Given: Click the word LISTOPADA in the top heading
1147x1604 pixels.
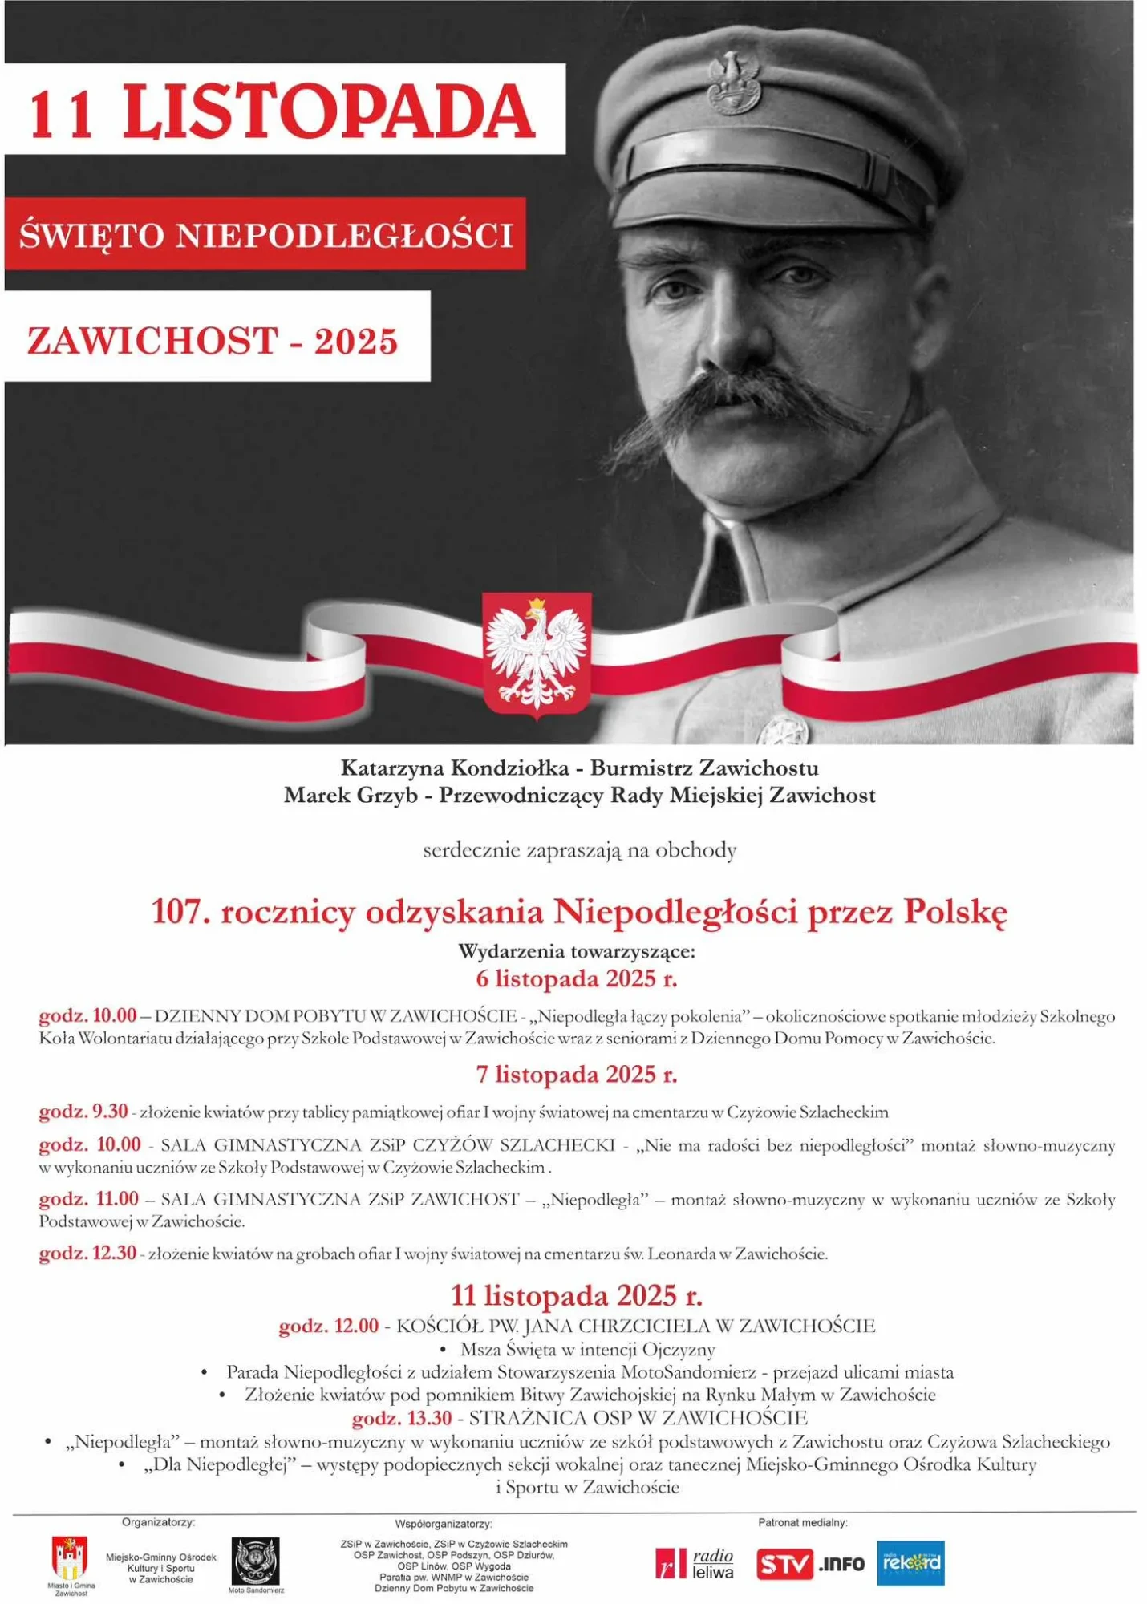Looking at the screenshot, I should pyautogui.click(x=329, y=111).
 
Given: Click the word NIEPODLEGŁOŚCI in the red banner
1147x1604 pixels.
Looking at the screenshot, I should pyautogui.click(x=344, y=235).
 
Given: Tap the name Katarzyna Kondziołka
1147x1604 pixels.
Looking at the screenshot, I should pyautogui.click(x=455, y=768).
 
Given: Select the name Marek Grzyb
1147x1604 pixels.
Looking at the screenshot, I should pyautogui.click(x=351, y=796).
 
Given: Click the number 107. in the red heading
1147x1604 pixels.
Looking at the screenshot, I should pyautogui.click(x=180, y=912).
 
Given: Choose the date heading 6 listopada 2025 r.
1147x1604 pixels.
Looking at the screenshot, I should pyautogui.click(x=577, y=978).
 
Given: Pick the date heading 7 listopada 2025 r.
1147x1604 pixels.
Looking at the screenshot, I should pyautogui.click(x=577, y=1074).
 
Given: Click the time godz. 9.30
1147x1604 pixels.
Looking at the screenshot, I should pyautogui.click(x=83, y=1112).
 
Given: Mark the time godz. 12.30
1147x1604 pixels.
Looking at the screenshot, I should pyautogui.click(x=87, y=1253).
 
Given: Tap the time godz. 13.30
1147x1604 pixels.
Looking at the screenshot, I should pyautogui.click(x=402, y=1418).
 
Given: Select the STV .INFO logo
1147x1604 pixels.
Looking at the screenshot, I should pyautogui.click(x=810, y=1563).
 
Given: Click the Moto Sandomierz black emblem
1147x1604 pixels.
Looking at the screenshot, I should pyautogui.click(x=255, y=1561).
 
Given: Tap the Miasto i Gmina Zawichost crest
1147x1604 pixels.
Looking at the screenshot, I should pyautogui.click(x=71, y=1558).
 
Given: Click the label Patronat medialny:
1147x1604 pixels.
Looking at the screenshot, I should pyautogui.click(x=802, y=1522).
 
